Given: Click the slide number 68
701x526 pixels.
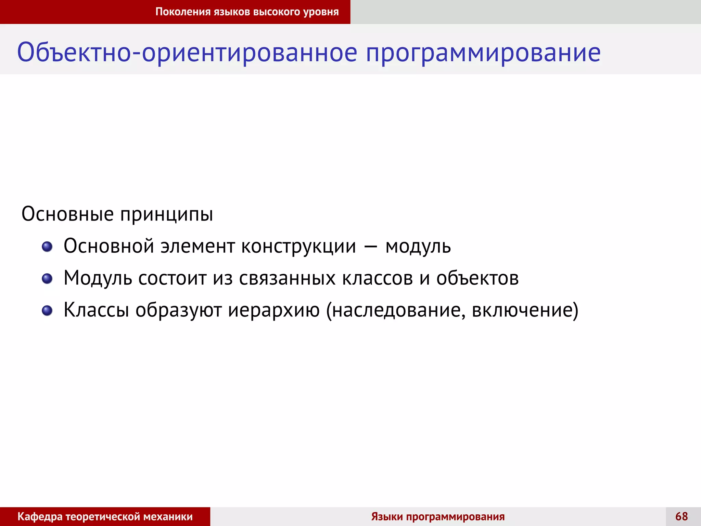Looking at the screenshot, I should coord(681,516).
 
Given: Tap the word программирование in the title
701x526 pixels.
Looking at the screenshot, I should coord(483,53).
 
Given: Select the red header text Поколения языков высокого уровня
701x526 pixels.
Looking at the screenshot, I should coord(247,12).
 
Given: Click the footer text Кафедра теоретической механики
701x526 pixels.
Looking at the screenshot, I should coord(105,516).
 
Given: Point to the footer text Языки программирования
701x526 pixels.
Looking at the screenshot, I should coord(438,516).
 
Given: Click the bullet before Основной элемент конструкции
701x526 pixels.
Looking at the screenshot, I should coord(47,247).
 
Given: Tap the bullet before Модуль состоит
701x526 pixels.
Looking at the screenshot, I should coord(47,278).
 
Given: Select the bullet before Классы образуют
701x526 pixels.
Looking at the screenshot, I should coord(47,311).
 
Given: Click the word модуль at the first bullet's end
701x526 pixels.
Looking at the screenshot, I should coord(418,247).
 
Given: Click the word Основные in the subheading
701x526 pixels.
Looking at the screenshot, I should coord(67,214).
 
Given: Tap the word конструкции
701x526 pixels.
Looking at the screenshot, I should coord(298,247).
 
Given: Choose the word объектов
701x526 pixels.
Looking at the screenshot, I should coord(477,278).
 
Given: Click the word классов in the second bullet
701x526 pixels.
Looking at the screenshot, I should coord(378,278).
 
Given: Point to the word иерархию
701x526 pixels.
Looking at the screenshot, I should coord(274,310).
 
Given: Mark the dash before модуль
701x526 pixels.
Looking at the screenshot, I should coord(371,247).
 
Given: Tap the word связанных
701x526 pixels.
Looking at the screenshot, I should coord(287,278).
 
